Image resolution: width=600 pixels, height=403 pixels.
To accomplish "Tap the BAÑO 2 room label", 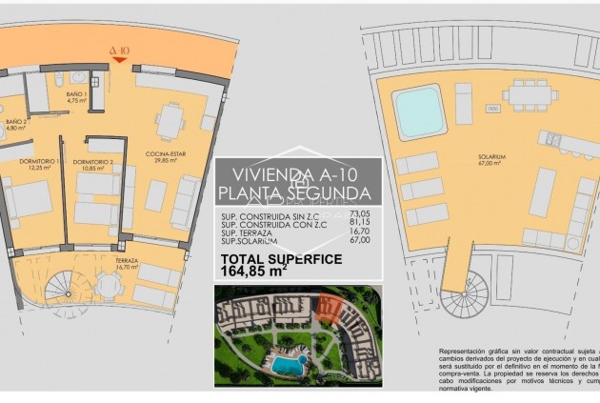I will [16, 124].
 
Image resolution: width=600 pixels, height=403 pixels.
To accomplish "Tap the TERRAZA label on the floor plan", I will [127, 261].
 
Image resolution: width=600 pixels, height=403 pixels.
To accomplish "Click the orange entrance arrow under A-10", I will [120, 59].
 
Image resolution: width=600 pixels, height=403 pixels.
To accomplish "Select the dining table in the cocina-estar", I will [171, 121].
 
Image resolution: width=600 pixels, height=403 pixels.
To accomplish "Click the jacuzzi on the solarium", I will [420, 111].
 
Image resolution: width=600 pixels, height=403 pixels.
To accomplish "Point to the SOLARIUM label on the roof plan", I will [491, 158].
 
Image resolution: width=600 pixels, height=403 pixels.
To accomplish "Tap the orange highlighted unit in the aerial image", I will [329, 308].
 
